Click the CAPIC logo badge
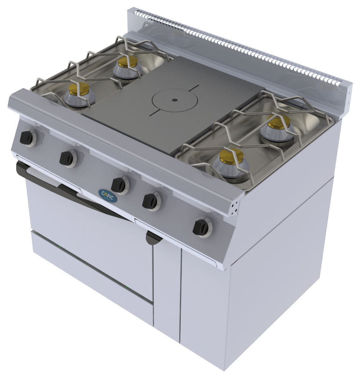108,196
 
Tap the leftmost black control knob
27,138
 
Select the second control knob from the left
66,158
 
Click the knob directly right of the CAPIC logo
119,185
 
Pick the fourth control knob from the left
150,201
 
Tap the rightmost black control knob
201,227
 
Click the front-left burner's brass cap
79,89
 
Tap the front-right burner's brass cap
231,156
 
